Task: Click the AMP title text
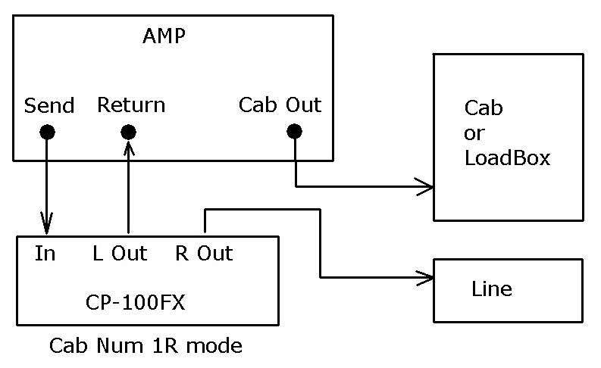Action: pyautogui.click(x=164, y=36)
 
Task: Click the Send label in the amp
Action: pyautogui.click(x=49, y=105)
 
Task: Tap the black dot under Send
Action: pyautogui.click(x=47, y=133)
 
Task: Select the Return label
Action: pyautogui.click(x=130, y=104)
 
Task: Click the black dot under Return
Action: pyautogui.click(x=129, y=133)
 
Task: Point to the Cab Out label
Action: pyautogui.click(x=280, y=104)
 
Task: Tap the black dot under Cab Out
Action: pyautogui.click(x=295, y=132)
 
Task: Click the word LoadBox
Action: pyautogui.click(x=507, y=158)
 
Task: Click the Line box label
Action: pyautogui.click(x=491, y=288)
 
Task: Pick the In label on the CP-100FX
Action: pyautogui.click(x=45, y=253)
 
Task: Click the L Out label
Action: pyautogui.click(x=120, y=253)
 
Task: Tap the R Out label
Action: pyautogui.click(x=204, y=253)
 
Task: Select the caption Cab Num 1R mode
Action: pyautogui.click(x=146, y=347)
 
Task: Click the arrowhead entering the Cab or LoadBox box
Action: pyautogui.click(x=423, y=186)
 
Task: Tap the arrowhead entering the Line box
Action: pyautogui.click(x=424, y=278)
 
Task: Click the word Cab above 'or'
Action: pyautogui.click(x=483, y=108)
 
